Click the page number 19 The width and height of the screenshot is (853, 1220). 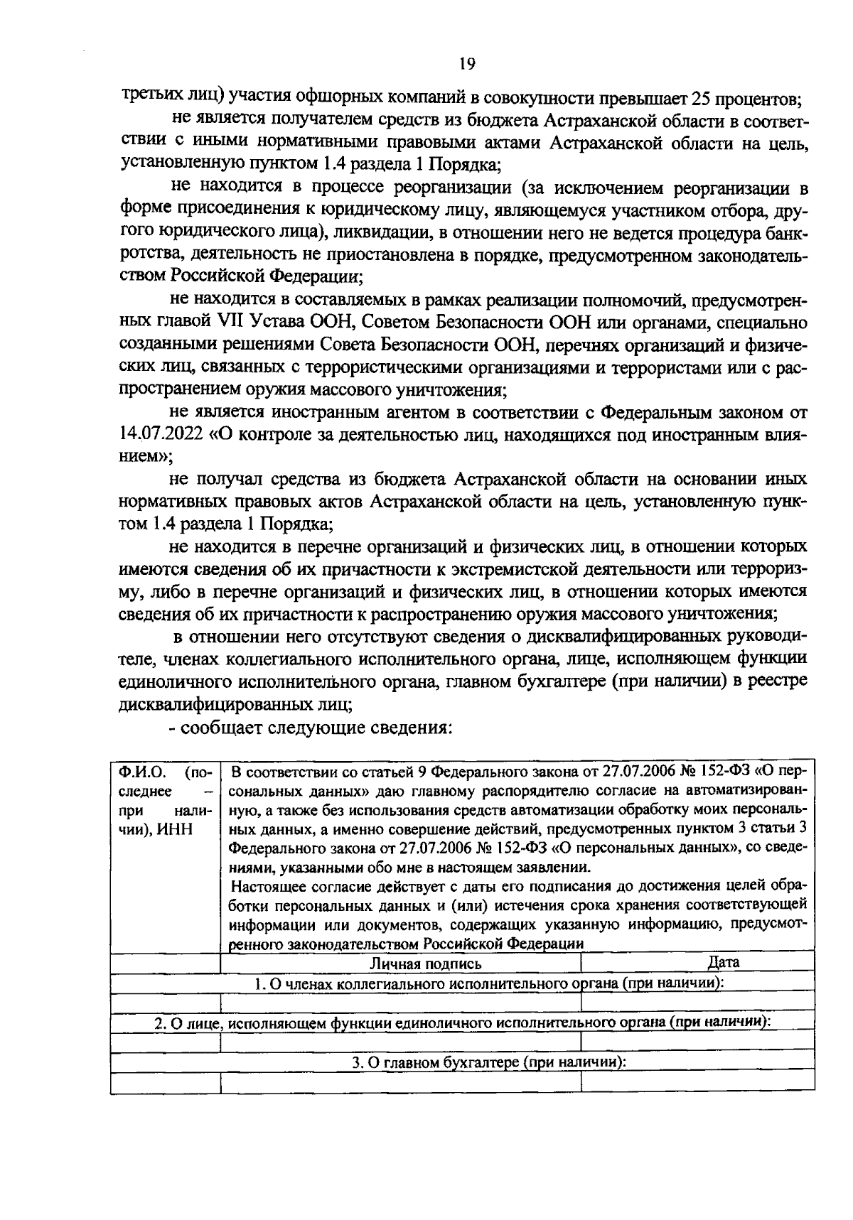(466, 64)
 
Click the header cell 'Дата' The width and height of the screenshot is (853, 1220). (724, 963)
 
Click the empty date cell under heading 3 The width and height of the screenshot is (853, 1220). (697, 1082)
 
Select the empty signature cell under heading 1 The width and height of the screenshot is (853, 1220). (400, 1003)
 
